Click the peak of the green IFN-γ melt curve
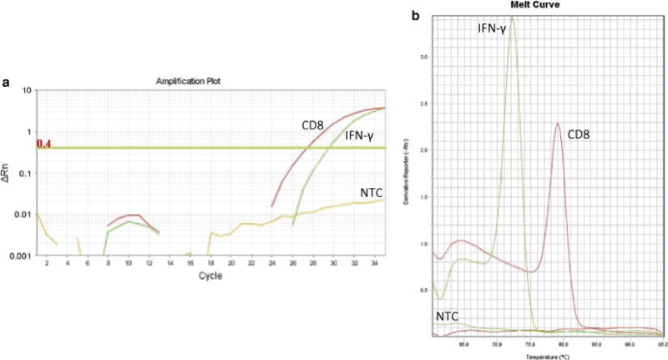click(513, 17)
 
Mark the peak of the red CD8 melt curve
click(557, 124)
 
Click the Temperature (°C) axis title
click(548, 356)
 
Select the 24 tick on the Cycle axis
click(272, 263)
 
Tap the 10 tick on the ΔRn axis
click(28, 90)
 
